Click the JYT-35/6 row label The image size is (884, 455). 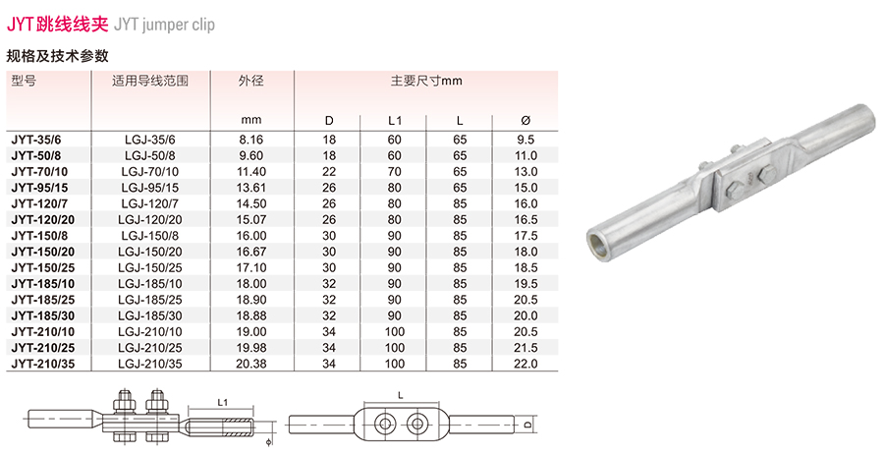pyautogui.click(x=36, y=140)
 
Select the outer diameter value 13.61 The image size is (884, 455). pyautogui.click(x=251, y=188)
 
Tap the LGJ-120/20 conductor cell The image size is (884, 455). pyautogui.click(x=150, y=220)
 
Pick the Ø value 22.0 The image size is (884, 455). pyautogui.click(x=525, y=364)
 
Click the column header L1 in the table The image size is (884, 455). pyautogui.click(x=395, y=121)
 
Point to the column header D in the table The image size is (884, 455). pyautogui.click(x=329, y=121)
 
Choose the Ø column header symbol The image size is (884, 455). pyautogui.click(x=525, y=121)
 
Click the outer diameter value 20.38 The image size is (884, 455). pyautogui.click(x=251, y=364)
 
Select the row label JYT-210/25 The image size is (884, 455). pyautogui.click(x=43, y=348)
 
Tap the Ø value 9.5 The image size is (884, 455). pyautogui.click(x=525, y=140)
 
